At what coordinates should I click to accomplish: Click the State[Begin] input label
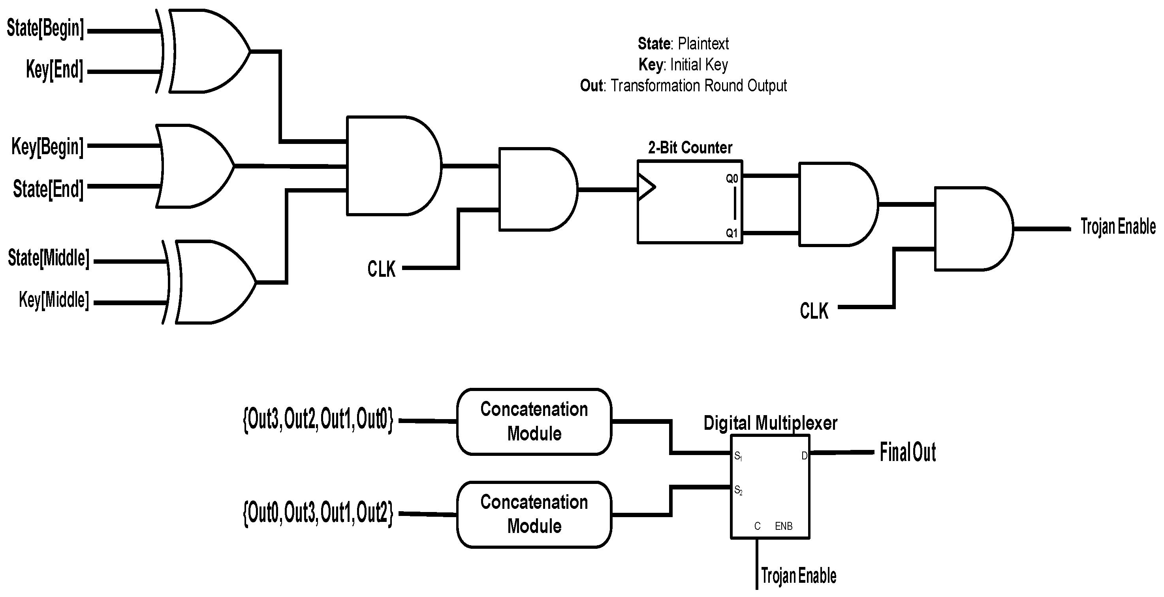[45, 29]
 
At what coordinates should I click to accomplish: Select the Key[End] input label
[55, 70]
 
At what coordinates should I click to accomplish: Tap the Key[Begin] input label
[47, 147]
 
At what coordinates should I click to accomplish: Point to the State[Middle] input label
[48, 259]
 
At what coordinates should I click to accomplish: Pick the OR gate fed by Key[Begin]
[194, 166]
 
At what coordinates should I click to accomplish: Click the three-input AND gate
[391, 166]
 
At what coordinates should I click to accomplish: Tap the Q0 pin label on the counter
[731, 179]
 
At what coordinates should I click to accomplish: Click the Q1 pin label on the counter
[731, 233]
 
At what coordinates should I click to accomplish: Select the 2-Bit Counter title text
[690, 147]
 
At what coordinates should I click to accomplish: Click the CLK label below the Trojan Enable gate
[814, 311]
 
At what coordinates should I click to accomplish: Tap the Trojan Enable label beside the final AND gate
[1117, 227]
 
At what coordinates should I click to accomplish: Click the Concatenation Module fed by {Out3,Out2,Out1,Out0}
[534, 421]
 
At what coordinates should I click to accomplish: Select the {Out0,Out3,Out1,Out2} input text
[318, 513]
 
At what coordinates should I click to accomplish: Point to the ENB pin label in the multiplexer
[784, 526]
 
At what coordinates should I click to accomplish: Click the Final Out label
[907, 452]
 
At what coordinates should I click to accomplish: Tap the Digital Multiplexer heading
[770, 423]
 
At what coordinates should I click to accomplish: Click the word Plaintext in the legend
[703, 44]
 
